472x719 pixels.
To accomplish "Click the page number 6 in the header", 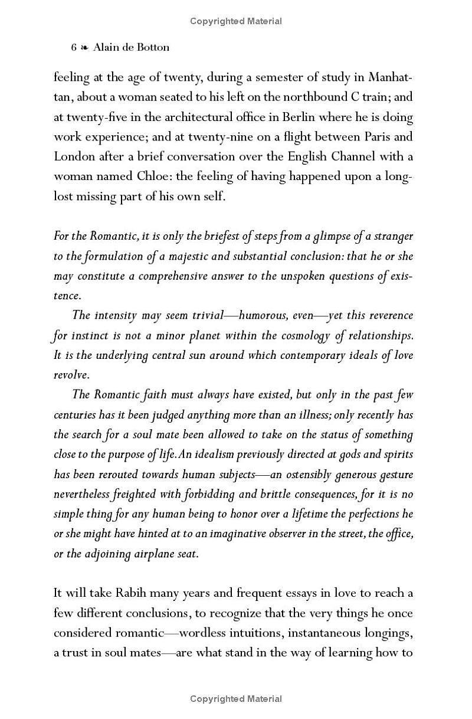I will pos(74,47).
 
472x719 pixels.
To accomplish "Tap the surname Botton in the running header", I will pos(152,47).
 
